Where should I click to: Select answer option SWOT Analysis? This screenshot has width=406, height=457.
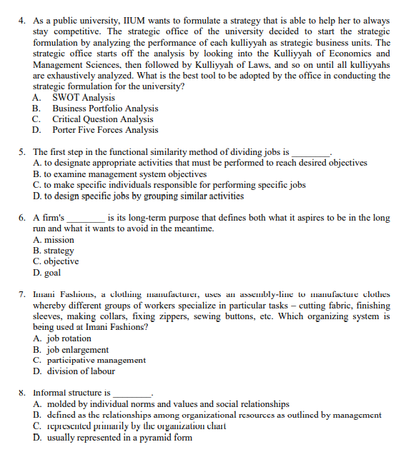point(83,98)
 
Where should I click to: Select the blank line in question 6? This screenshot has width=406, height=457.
point(86,218)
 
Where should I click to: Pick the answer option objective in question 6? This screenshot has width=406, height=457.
point(61,261)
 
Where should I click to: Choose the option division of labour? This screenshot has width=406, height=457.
point(79,371)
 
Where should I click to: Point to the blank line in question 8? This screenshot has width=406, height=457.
point(133,393)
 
